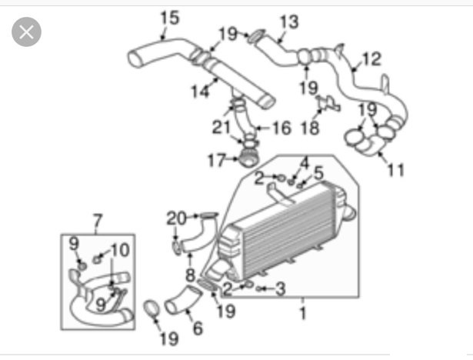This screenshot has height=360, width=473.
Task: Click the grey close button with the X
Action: (x=27, y=32)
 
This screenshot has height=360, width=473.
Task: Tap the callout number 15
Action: (x=170, y=18)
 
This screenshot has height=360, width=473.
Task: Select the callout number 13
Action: (x=289, y=22)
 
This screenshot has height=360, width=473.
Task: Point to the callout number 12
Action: (x=371, y=58)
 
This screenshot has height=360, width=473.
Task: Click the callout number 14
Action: (x=200, y=91)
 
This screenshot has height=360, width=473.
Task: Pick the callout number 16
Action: (x=282, y=128)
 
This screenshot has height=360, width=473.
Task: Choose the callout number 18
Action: (x=310, y=128)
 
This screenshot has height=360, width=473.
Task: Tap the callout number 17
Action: (x=217, y=160)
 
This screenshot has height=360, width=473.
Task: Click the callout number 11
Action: (x=396, y=170)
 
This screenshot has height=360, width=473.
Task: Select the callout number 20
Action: (x=177, y=218)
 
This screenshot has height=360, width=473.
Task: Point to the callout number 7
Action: (x=98, y=222)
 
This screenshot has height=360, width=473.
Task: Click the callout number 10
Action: (x=120, y=250)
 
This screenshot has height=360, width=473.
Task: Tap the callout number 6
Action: (x=198, y=328)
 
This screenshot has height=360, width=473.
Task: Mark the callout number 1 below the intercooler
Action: (x=303, y=313)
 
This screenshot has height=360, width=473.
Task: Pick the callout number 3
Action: (x=281, y=288)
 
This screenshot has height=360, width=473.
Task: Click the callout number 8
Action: (x=190, y=275)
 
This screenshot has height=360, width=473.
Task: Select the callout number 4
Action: (x=305, y=163)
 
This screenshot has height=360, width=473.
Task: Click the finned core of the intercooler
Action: (x=288, y=231)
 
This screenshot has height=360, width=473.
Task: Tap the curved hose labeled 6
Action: (x=183, y=300)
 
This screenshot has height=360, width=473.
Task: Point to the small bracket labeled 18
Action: (x=329, y=104)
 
